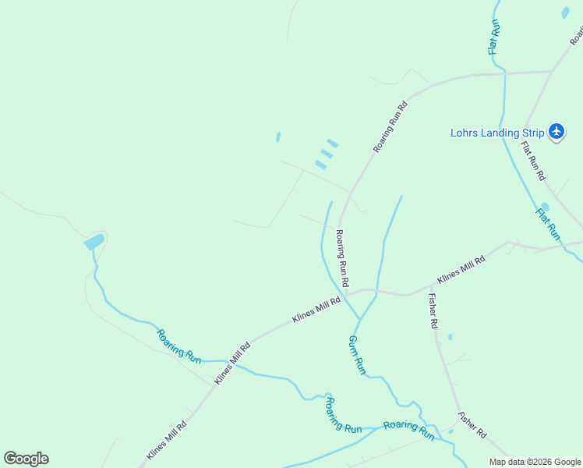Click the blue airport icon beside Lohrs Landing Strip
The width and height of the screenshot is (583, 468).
pyautogui.click(x=556, y=132)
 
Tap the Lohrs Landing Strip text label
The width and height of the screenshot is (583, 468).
pyautogui.click(x=496, y=133)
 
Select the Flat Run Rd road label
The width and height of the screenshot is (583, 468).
pyautogui.click(x=533, y=161)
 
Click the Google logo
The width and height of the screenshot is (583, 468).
pyautogui.click(x=26, y=459)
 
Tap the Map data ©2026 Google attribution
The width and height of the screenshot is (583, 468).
pyautogui.click(x=535, y=462)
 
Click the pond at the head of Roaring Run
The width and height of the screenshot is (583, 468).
pyautogui.click(x=94, y=242)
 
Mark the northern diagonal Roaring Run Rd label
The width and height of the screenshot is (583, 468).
pyautogui.click(x=390, y=126)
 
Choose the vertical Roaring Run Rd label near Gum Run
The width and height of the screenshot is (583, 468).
pyautogui.click(x=341, y=257)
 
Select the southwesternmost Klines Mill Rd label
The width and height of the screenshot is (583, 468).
pyautogui.click(x=167, y=441)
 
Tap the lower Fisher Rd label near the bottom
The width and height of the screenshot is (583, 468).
pyautogui.click(x=472, y=424)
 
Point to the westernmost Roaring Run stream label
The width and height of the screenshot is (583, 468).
pyautogui.click(x=179, y=346)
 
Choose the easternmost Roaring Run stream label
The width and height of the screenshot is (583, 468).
pyautogui.click(x=408, y=430)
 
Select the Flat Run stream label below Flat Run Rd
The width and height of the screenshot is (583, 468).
pyautogui.click(x=548, y=223)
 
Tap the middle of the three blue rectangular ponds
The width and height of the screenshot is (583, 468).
pyautogui.click(x=327, y=154)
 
